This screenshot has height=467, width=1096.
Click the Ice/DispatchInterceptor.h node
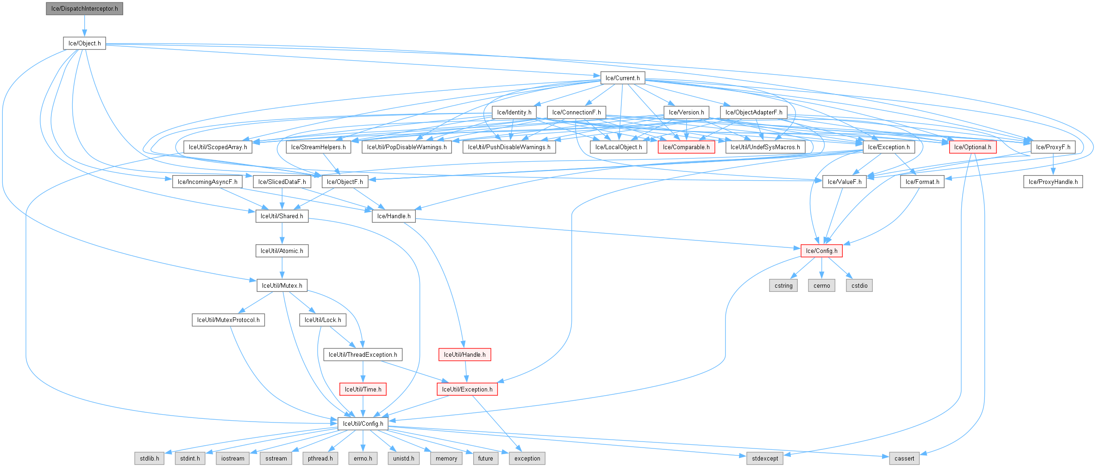click(84, 9)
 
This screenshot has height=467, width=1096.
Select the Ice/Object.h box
click(84, 44)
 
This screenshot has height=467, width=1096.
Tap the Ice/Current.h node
click(622, 78)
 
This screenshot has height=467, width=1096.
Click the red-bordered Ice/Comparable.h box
click(686, 147)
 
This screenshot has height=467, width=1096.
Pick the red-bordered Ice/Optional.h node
click(972, 147)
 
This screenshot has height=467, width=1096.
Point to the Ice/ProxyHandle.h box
click(1053, 182)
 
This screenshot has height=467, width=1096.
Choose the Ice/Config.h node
click(821, 251)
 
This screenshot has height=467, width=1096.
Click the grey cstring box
click(783, 286)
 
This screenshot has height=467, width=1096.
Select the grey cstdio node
click(859, 286)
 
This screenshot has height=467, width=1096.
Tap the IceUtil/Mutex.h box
click(282, 286)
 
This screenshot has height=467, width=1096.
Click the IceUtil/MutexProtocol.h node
click(228, 320)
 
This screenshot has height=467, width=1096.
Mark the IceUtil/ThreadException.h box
click(363, 355)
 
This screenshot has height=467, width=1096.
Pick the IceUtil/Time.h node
click(363, 390)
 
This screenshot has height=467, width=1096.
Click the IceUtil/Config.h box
click(363, 424)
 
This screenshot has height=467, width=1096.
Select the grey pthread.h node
click(320, 459)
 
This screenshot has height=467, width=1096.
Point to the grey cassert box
click(904, 459)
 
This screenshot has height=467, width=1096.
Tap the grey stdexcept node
click(765, 459)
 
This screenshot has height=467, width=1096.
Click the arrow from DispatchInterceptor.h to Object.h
click(84, 26)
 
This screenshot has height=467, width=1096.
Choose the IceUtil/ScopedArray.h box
click(218, 147)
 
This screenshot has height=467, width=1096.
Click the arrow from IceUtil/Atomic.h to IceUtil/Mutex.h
click(282, 268)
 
